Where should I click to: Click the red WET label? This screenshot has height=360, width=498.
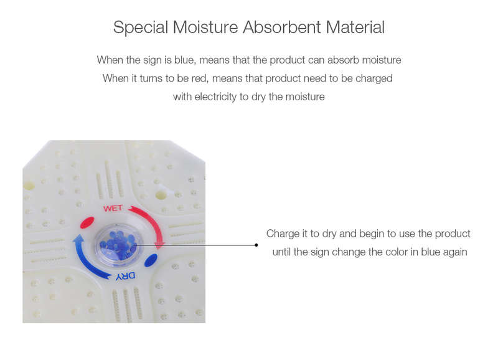tap(113, 209)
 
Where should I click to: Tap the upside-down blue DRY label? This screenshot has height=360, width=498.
tap(125, 276)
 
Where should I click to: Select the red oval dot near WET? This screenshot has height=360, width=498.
tap(87, 222)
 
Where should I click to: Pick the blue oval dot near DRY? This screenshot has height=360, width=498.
tap(151, 260)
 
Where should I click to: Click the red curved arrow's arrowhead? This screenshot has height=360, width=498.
tap(160, 245)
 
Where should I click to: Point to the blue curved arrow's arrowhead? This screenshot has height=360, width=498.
tap(78, 239)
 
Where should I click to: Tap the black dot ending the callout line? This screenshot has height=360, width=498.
tap(256, 245)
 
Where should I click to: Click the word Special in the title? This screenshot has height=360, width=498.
tap(141, 27)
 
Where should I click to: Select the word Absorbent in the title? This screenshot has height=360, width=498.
tap(282, 27)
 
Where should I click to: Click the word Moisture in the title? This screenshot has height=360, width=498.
tap(205, 27)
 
